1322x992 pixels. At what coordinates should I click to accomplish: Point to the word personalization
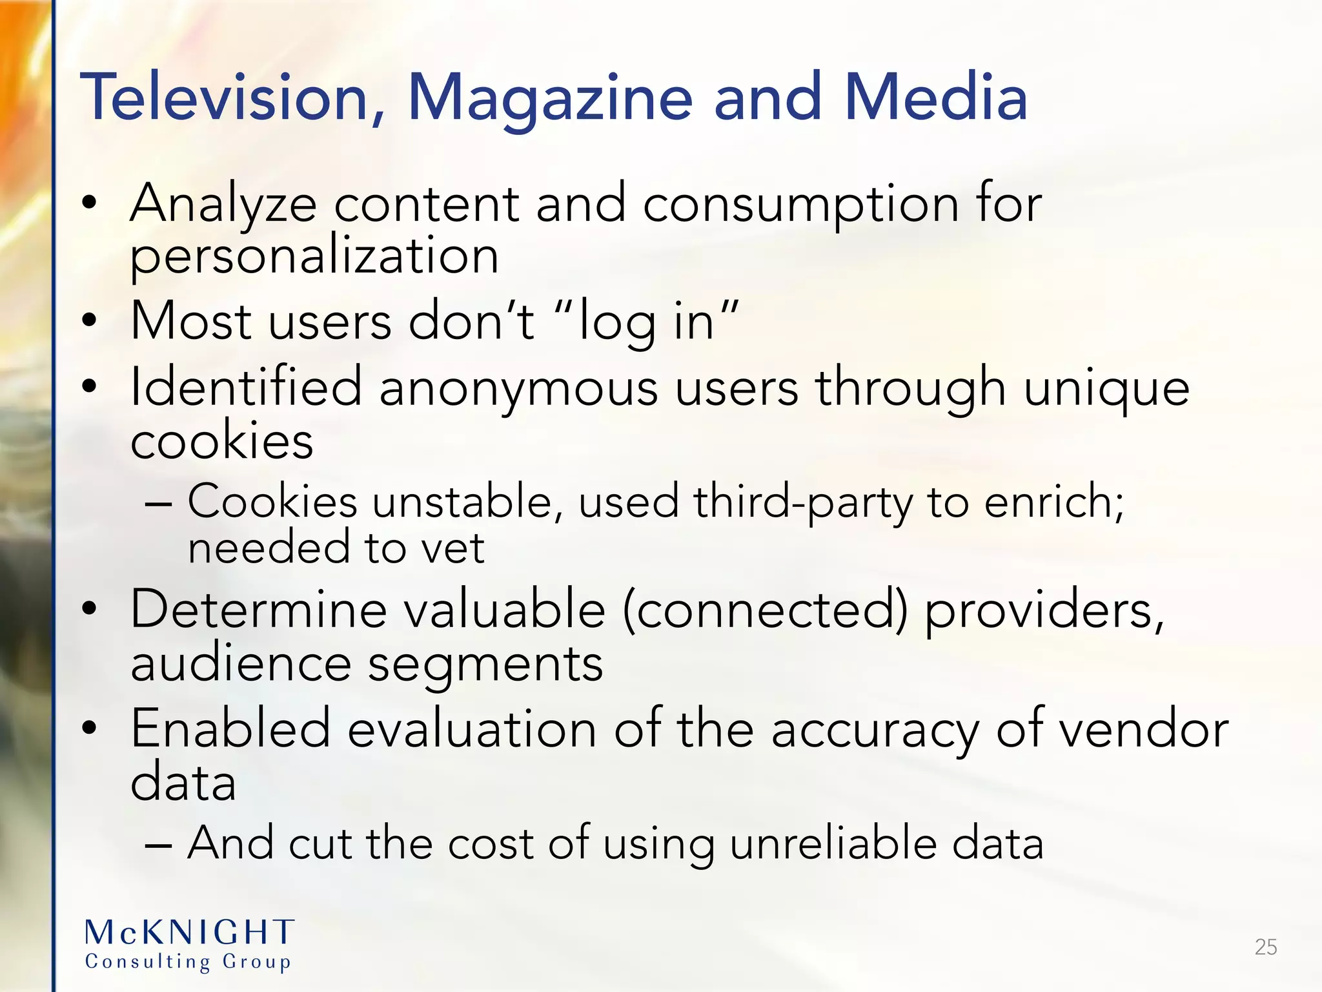[x=314, y=256]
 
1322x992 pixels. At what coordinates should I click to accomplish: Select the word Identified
[x=246, y=387]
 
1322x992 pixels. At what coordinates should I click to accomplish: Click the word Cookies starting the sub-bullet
[x=272, y=502]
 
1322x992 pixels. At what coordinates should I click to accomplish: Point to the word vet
[x=452, y=548]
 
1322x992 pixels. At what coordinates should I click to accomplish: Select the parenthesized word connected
[x=766, y=610]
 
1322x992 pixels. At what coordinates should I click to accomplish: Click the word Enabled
[x=230, y=728]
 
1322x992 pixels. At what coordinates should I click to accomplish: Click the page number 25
[x=1265, y=947]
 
